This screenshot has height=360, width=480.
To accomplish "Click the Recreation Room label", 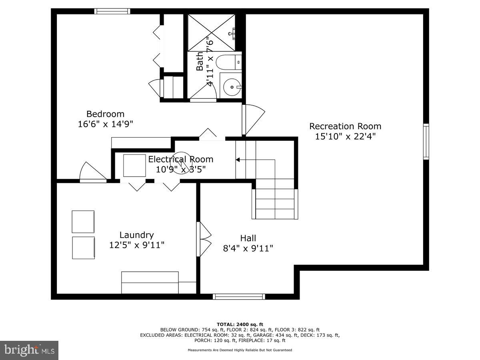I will point(345,126).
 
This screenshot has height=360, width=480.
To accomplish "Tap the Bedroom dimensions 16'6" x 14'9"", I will point(105,124).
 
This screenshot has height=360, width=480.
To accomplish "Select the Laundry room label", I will point(136,235).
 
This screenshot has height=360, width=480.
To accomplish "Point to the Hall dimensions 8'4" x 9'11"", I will point(248,248).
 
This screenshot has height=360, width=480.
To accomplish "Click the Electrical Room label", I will point(181,159).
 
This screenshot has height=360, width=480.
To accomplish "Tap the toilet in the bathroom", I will point(228,62).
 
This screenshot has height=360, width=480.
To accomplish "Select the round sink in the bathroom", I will point(232,87).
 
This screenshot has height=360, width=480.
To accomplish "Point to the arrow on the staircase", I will point(238,160).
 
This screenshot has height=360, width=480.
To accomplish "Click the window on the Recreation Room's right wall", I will point(426,142).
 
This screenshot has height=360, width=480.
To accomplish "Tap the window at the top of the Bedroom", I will point(112,11).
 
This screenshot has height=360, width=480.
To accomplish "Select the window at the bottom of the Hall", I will point(239,296).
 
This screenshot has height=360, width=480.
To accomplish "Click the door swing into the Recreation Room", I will point(253,119).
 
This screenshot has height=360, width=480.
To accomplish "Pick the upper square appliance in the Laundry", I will point(83,222).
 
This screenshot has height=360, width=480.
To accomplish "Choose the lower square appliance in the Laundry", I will point(83,248).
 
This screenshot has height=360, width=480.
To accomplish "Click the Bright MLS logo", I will point(29,350).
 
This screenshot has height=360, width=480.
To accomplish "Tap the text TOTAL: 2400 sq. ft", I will point(240,324).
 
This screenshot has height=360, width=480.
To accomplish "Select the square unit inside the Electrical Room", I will point(134,165).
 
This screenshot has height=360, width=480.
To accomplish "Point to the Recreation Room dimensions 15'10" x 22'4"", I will point(345,136).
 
